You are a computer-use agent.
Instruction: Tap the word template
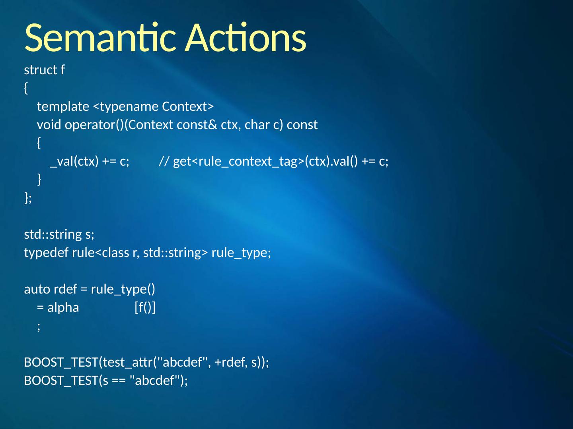(63, 106)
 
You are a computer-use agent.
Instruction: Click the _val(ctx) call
(74, 161)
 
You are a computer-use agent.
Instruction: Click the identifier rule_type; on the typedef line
(241, 253)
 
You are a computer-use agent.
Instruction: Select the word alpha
(63, 307)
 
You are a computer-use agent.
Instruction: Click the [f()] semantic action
(145, 307)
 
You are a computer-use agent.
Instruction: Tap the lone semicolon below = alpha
(39, 326)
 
